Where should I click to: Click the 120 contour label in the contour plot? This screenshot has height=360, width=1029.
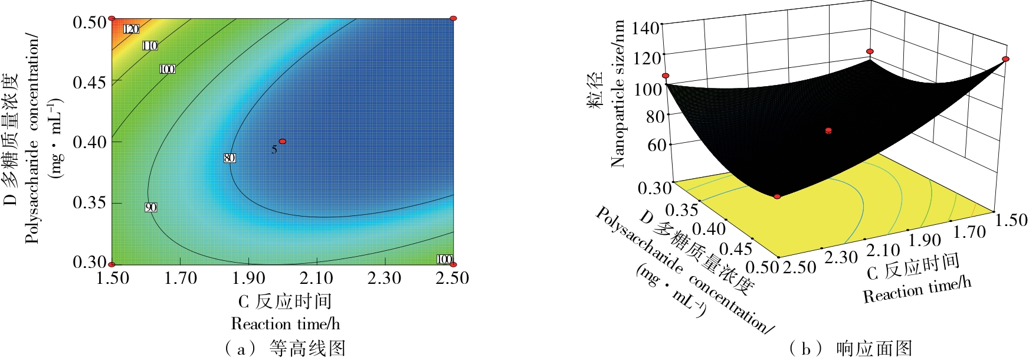point(131,29)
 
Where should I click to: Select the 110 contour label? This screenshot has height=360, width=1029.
point(150,45)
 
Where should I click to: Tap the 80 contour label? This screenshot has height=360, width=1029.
point(230,158)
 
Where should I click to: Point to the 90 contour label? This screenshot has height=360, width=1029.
point(150,207)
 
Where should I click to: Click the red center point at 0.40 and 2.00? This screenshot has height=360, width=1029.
point(283,142)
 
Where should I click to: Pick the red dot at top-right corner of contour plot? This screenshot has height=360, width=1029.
point(453,19)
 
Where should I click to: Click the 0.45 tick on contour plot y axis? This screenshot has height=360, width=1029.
point(89,82)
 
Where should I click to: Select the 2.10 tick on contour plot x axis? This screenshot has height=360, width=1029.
point(317,278)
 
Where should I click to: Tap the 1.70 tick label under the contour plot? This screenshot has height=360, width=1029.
point(181,278)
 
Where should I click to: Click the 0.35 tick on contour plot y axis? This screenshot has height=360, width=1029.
point(89,202)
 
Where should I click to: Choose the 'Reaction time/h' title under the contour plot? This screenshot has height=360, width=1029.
point(286,324)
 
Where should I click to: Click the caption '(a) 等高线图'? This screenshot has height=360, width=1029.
point(286,348)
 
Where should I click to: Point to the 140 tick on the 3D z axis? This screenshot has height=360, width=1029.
point(645,28)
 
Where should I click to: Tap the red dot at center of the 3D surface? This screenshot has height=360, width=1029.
point(828,130)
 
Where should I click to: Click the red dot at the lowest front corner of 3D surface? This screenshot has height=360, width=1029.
point(777,197)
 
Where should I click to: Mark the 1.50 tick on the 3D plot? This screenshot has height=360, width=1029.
point(1011,220)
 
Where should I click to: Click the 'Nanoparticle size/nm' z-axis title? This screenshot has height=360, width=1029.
point(618,94)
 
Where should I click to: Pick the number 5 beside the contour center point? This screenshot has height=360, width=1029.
point(274,150)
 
